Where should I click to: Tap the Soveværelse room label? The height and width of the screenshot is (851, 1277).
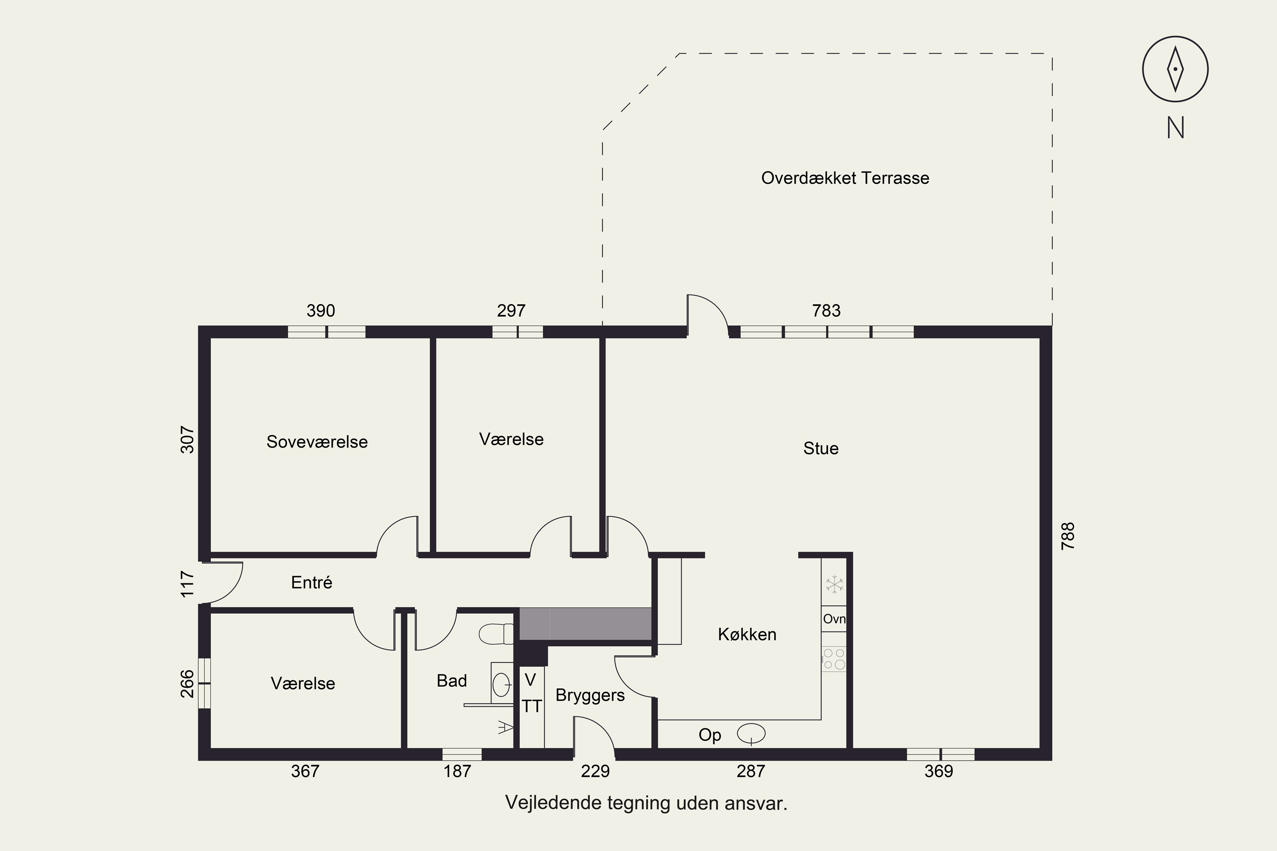(317, 442)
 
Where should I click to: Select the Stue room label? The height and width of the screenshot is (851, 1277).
(821, 448)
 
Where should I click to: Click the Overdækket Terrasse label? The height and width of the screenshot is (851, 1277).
(845, 178)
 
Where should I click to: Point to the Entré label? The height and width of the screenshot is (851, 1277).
(312, 583)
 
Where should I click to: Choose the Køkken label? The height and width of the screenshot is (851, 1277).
(747, 634)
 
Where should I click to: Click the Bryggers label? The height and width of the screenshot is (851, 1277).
(590, 696)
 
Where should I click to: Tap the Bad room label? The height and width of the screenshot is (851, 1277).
(452, 680)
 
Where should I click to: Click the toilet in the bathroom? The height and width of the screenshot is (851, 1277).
(496, 634)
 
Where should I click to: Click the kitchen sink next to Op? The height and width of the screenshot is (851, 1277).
(751, 734)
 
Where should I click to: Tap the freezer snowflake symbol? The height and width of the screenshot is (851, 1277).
(834, 585)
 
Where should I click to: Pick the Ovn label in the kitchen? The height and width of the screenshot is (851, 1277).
(834, 619)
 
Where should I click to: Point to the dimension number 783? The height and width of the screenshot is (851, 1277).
(826, 311)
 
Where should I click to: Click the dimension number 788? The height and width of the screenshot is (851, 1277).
(1068, 536)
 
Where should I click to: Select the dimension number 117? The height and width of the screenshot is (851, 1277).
(187, 584)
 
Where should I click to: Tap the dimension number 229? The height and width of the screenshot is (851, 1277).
(596, 771)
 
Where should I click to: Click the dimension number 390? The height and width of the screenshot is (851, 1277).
(321, 311)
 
